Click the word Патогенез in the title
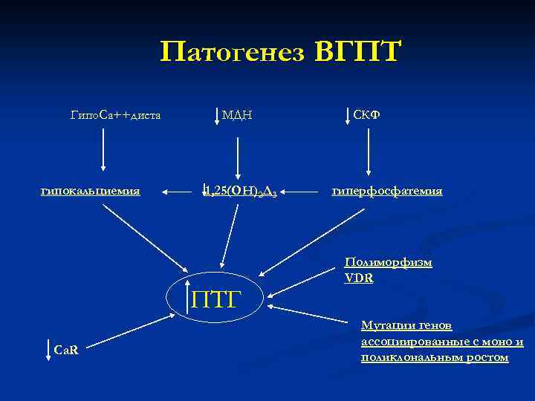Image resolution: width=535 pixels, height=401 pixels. pyautogui.click(x=233, y=53)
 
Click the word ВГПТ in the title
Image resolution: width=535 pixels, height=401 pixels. pyautogui.click(x=358, y=53)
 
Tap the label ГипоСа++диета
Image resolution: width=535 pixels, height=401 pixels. pyautogui.click(x=115, y=115)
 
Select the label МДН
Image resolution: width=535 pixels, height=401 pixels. pyautogui.click(x=237, y=115)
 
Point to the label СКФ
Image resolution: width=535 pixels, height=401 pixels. pyautogui.click(x=367, y=114)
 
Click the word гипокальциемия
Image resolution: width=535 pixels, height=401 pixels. pyautogui.click(x=91, y=191)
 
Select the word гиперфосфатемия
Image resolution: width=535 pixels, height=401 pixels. pyautogui.click(x=387, y=191)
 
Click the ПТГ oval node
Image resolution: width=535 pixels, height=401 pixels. pyautogui.click(x=217, y=300)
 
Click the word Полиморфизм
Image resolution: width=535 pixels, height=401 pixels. pyautogui.click(x=389, y=262)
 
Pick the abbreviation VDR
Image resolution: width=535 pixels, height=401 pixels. pyautogui.click(x=359, y=278)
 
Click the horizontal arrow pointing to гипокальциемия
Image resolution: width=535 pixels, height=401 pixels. pyautogui.click(x=177, y=192)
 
